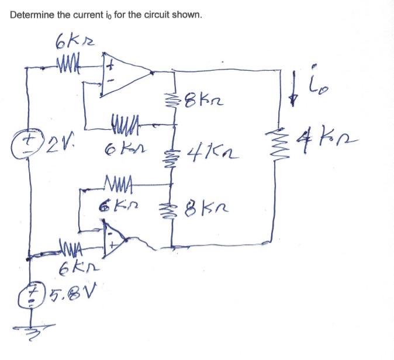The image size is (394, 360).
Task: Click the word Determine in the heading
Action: point(32,15)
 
